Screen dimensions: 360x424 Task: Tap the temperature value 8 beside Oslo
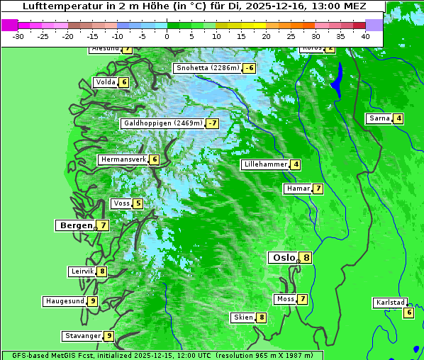click(x=305, y=258)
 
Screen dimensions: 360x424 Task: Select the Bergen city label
click(x=76, y=225)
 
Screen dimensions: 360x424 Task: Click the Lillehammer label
click(x=265, y=164)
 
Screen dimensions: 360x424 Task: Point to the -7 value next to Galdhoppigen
click(x=212, y=123)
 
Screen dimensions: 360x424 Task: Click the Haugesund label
click(x=65, y=301)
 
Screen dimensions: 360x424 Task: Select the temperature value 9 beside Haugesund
click(x=92, y=301)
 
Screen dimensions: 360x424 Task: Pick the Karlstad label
click(x=390, y=303)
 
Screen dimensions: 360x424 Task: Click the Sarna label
click(x=379, y=118)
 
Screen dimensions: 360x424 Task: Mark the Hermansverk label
click(x=123, y=159)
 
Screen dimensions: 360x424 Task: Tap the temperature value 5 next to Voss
click(x=138, y=204)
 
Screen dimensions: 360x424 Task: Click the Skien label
click(x=243, y=317)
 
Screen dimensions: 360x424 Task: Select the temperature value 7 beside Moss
click(x=302, y=299)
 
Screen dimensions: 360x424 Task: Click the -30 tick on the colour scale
click(x=18, y=35)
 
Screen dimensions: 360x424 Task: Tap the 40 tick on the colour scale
click(x=365, y=35)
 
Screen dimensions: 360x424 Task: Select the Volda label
click(x=106, y=82)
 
